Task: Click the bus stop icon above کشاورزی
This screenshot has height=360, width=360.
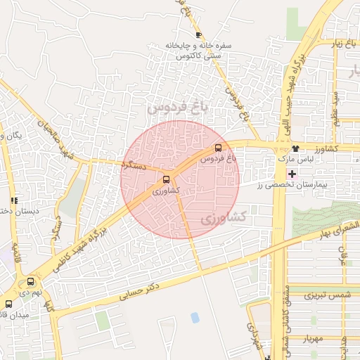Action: click(x=167, y=179)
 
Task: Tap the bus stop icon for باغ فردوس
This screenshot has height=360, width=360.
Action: click(x=218, y=148)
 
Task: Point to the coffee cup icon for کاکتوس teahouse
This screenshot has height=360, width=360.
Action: click(x=199, y=34)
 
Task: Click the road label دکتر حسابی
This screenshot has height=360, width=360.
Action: click(x=140, y=289)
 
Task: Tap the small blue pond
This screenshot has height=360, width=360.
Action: click(x=195, y=318)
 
